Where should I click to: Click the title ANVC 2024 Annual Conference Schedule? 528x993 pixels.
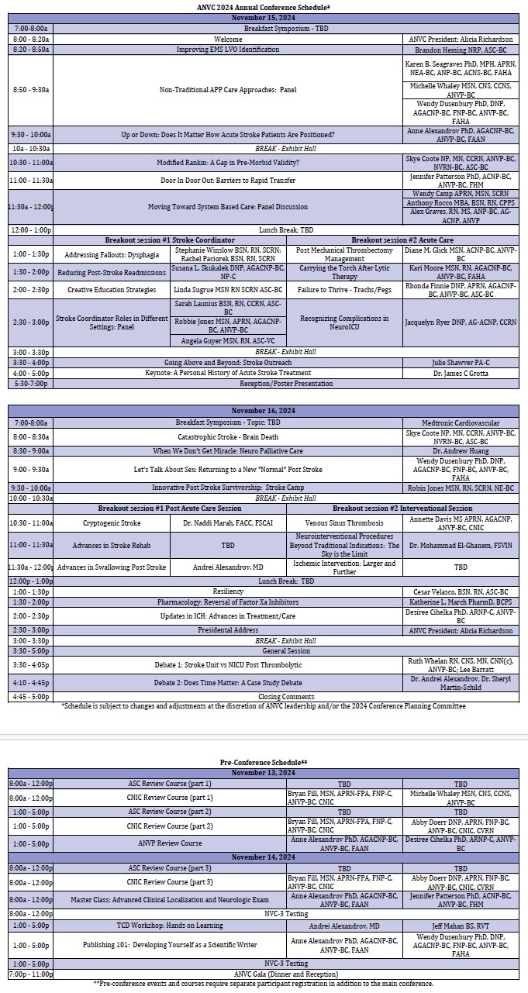pyautogui.click(x=264, y=6)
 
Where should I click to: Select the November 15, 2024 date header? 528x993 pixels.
pyautogui.click(x=264, y=17)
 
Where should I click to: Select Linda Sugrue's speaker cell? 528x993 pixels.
pyautogui.click(x=228, y=289)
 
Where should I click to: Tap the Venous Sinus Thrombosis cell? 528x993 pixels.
pyautogui.click(x=344, y=523)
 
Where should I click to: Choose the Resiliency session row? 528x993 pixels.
pyautogui.click(x=228, y=591)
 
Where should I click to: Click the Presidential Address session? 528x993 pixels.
pyautogui.click(x=228, y=630)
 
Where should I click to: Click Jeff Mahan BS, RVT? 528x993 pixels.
pyautogui.click(x=461, y=926)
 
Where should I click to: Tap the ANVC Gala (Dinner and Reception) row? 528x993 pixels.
pyautogui.click(x=264, y=974)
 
